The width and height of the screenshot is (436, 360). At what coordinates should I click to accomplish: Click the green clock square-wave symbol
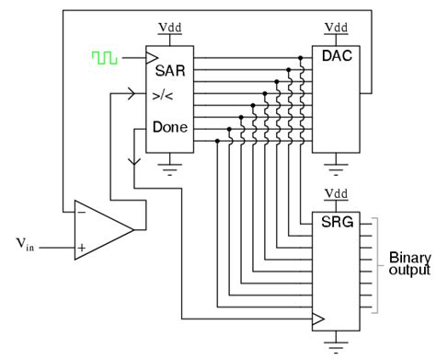tap(104, 58)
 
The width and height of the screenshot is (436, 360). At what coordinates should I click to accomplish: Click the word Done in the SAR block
tap(172, 127)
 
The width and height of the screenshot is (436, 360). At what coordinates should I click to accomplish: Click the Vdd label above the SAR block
tap(168, 28)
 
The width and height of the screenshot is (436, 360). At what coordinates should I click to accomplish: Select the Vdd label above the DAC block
tap(335, 28)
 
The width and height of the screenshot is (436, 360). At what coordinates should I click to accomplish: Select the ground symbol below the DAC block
tap(335, 168)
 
